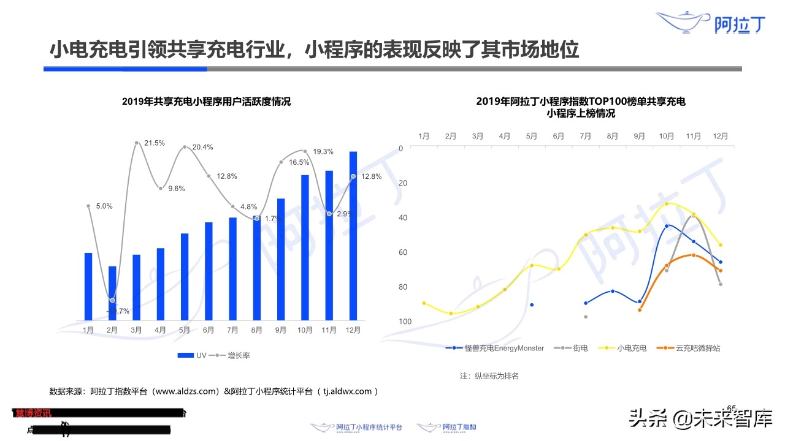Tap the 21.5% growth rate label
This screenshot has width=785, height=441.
click(x=155, y=143)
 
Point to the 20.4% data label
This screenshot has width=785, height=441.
click(x=202, y=147)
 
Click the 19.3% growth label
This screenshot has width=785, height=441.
click(x=323, y=151)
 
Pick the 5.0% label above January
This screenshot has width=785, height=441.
click(x=104, y=206)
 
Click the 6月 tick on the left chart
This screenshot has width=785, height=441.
click(x=209, y=330)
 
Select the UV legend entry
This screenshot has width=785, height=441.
click(x=193, y=355)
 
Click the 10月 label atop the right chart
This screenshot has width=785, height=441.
click(x=666, y=136)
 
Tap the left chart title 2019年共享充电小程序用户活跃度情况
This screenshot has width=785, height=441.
click(x=206, y=102)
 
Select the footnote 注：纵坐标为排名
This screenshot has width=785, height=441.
click(x=489, y=375)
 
